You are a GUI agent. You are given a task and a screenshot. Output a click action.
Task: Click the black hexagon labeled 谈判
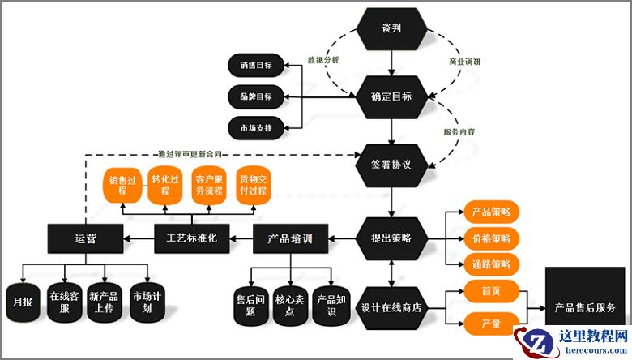[391, 28]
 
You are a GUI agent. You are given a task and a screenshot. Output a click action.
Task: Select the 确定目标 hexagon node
[391, 96]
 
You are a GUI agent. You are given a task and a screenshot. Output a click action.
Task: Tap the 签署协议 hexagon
[391, 164]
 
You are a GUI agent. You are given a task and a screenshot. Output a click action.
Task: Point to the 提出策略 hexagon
[391, 238]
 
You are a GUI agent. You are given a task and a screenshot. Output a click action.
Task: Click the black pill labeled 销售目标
[256, 65]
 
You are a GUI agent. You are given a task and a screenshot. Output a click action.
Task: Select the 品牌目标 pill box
[256, 96]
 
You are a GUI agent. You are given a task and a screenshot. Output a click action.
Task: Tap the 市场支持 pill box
[256, 128]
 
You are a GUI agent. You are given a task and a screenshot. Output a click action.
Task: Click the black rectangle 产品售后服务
[584, 308]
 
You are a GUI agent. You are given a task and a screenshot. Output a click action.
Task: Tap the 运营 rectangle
[84, 238]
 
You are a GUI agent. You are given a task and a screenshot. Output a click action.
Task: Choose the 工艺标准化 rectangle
[191, 238]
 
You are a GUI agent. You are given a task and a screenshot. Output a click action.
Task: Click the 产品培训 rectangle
[289, 238]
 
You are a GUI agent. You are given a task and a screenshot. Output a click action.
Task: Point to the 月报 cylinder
[22, 303]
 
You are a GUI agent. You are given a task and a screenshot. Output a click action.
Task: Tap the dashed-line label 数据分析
[323, 61]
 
